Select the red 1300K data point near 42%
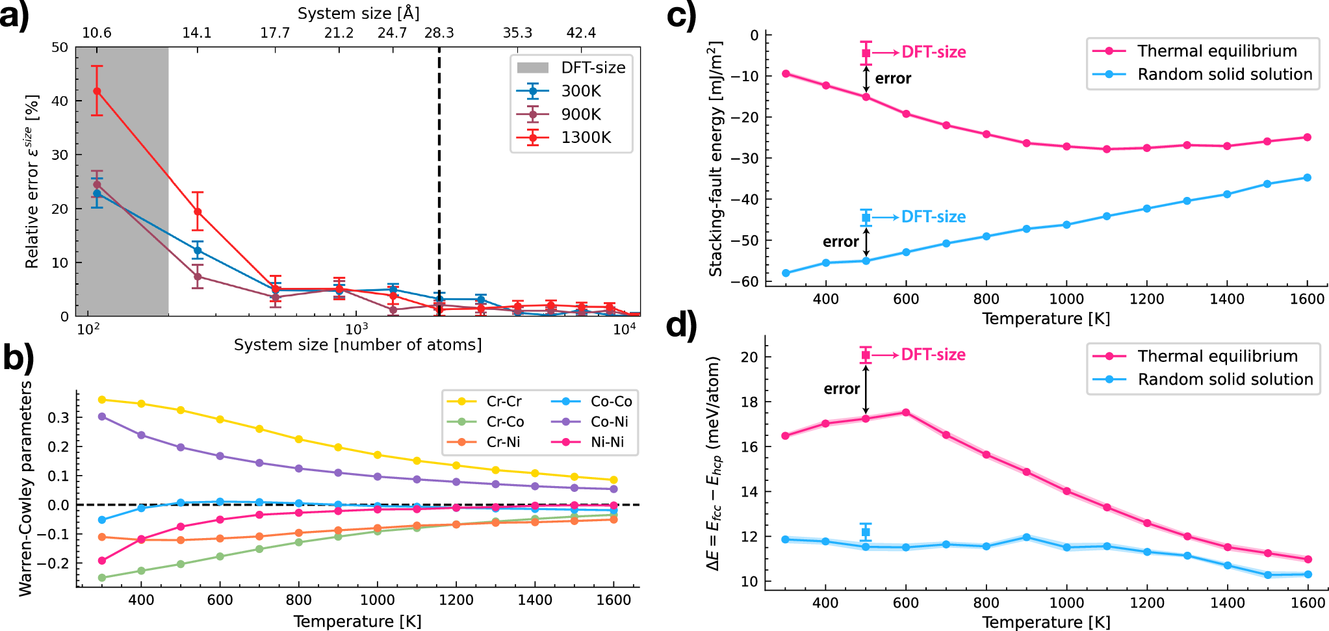[97, 91]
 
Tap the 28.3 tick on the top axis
[439, 33]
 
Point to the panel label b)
[18, 357]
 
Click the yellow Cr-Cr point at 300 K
[102, 400]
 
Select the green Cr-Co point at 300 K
[102, 577]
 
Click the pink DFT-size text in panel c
[933, 52]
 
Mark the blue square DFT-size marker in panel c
[866, 217]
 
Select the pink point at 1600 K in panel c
[1307, 137]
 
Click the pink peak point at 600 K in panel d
[905, 412]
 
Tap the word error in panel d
[842, 389]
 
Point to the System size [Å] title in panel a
[358, 13]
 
